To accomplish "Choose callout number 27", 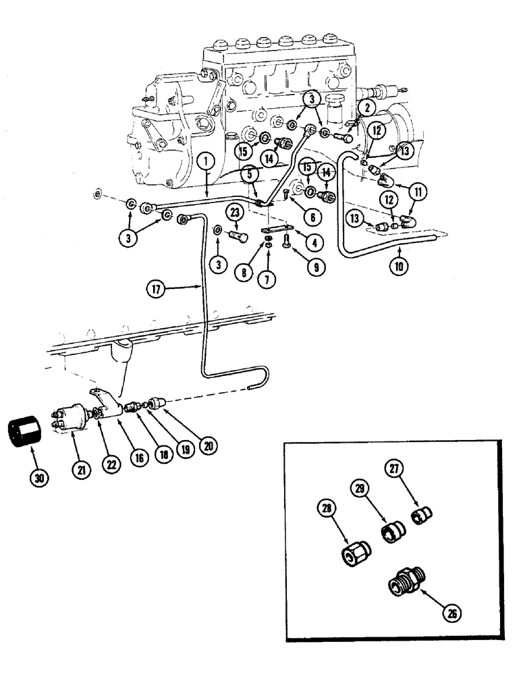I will click(394, 468).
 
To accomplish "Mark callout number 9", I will click(315, 266).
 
